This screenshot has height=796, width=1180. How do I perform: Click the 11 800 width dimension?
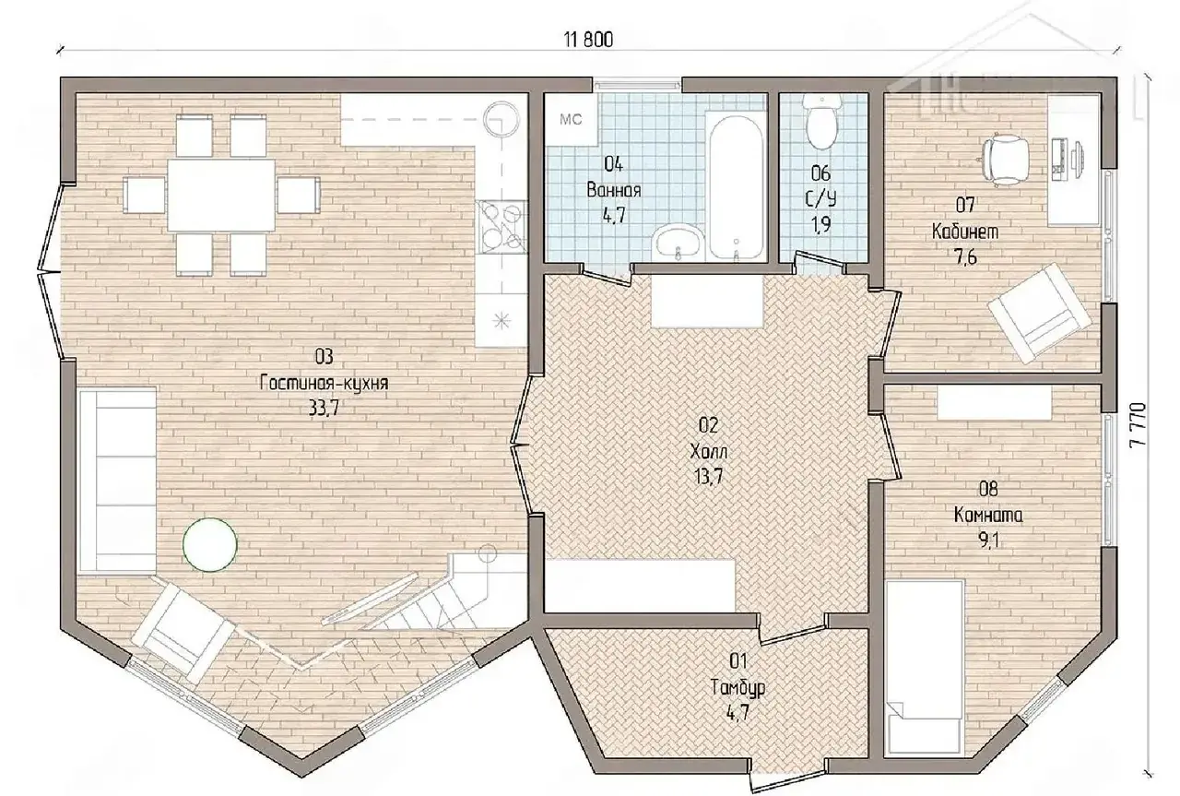tap(588, 40)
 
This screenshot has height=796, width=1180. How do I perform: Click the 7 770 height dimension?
tap(1138, 425)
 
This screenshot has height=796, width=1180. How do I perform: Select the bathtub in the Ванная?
tap(737, 185)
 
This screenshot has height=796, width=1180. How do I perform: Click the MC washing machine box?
tap(571, 120)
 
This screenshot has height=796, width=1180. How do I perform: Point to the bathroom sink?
tap(678, 243)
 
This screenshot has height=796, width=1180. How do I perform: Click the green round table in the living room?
tap(209, 544)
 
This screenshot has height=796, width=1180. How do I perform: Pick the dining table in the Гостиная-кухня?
tap(221, 195)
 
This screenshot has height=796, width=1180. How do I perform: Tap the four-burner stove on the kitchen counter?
tap(501, 227)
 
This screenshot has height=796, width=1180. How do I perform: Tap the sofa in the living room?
tap(117, 481)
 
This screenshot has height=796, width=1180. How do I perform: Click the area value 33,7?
tap(323, 409)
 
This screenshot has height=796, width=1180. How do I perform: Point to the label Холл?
tap(709, 452)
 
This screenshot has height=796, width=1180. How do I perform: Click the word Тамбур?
tap(737, 688)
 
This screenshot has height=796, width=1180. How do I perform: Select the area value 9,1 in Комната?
tap(988, 541)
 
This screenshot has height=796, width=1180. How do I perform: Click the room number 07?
tap(965, 205)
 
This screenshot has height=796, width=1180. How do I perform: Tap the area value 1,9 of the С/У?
tap(820, 224)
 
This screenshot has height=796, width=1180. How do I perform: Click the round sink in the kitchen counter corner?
tap(501, 118)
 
